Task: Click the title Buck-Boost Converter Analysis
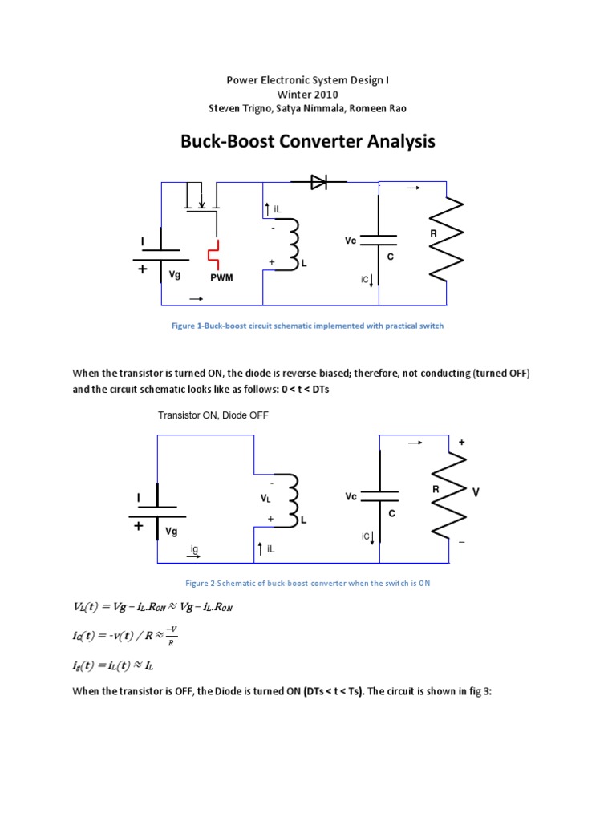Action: pyautogui.click(x=308, y=142)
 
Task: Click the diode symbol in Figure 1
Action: pyautogui.click(x=319, y=183)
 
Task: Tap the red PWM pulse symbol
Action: pyautogui.click(x=213, y=255)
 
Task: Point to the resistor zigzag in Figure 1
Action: pyautogui.click(x=448, y=238)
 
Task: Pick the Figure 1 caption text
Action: pyautogui.click(x=308, y=326)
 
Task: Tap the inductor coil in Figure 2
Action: pyautogui.click(x=294, y=497)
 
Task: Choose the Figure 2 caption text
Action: pyautogui.click(x=308, y=583)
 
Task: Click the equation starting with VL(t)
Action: pyautogui.click(x=152, y=607)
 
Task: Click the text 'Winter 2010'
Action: pyautogui.click(x=308, y=94)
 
